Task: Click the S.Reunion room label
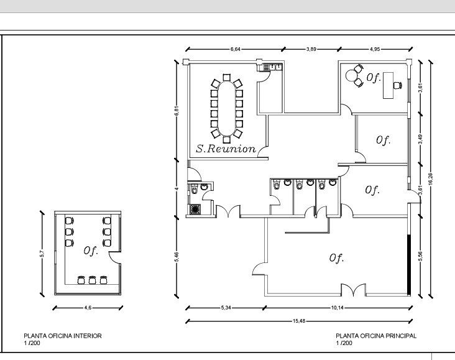click(x=226, y=149)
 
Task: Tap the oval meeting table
click(x=227, y=109)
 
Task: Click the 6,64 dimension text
click(x=236, y=49)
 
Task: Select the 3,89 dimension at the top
click(x=311, y=49)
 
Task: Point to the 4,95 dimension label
click(x=375, y=49)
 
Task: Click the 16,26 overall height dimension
click(x=430, y=178)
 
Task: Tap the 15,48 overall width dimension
click(x=298, y=321)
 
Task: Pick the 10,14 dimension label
click(x=337, y=308)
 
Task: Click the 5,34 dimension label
click(x=226, y=308)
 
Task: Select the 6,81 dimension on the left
click(x=177, y=110)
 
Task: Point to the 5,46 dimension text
click(x=177, y=257)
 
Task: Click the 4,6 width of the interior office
click(x=88, y=308)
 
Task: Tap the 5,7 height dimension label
click(x=42, y=254)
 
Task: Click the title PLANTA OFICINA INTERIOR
click(x=63, y=336)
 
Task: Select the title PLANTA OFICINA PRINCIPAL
click(x=376, y=336)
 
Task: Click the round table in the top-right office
click(x=351, y=75)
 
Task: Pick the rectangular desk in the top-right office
click(x=388, y=85)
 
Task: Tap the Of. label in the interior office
click(x=91, y=251)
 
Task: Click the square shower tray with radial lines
click(x=195, y=210)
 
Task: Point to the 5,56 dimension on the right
click(x=421, y=256)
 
